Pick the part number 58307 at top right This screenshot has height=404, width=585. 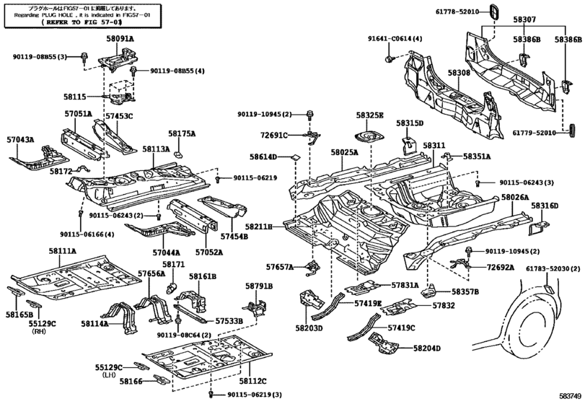(524, 19)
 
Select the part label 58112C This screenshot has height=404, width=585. (252, 380)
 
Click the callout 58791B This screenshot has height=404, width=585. (258, 286)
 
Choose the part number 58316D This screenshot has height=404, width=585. (545, 206)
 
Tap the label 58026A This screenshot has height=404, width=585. (515, 198)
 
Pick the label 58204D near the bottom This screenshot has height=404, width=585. (427, 348)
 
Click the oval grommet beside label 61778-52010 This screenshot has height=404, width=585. (493, 12)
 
